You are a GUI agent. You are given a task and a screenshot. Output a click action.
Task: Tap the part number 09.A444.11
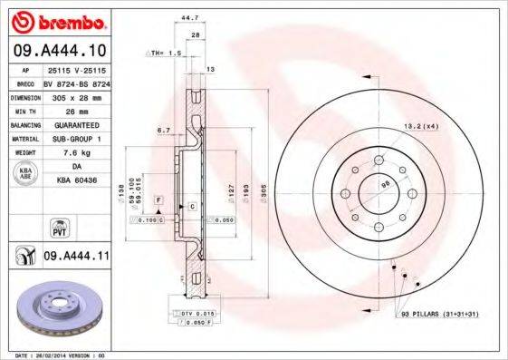[x=75, y=258]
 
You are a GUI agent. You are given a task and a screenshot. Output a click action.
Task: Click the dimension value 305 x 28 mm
[x=75, y=94]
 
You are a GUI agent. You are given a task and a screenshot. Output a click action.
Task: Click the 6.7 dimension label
[x=163, y=130]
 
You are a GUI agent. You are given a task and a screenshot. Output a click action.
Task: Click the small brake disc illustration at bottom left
[x=56, y=308]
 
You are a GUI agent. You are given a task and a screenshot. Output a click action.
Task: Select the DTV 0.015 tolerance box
[x=193, y=312]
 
